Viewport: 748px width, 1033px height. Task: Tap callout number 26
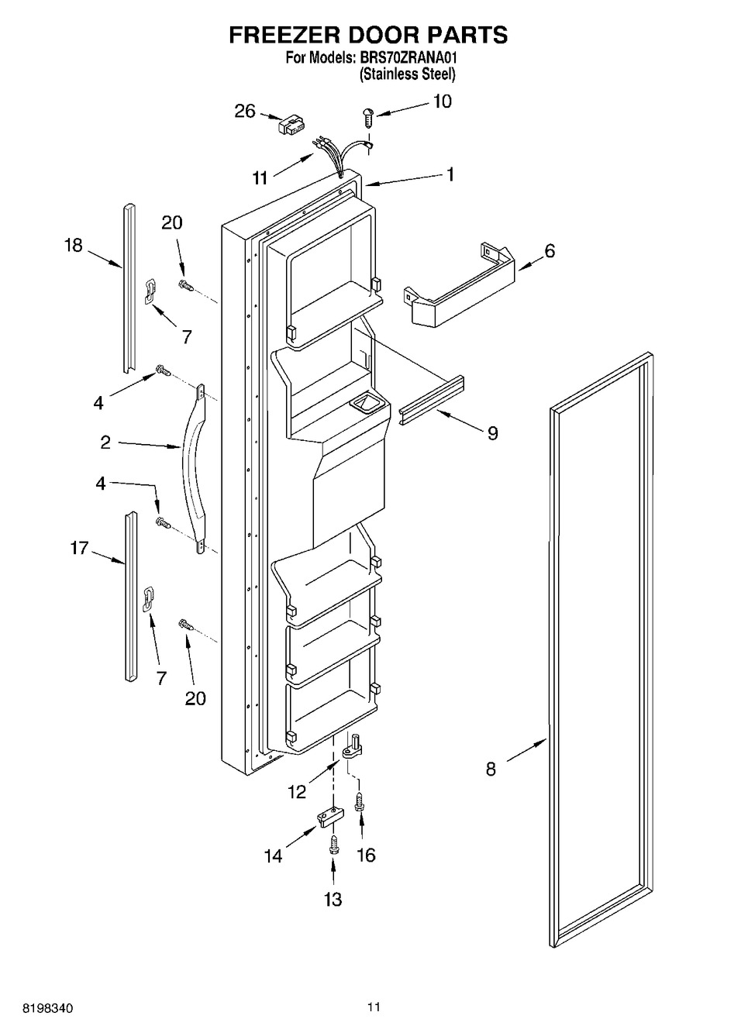click(245, 112)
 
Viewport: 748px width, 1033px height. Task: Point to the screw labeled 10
click(369, 116)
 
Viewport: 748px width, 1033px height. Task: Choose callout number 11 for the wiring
click(260, 178)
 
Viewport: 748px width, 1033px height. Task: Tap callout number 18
click(73, 246)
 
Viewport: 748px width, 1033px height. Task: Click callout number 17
click(79, 549)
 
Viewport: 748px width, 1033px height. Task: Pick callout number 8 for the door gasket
click(490, 770)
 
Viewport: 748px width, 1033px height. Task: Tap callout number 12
click(296, 791)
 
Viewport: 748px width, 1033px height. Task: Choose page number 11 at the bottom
click(374, 1007)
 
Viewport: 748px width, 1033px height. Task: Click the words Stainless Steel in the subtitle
click(407, 74)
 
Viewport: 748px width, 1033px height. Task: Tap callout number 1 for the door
click(450, 175)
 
